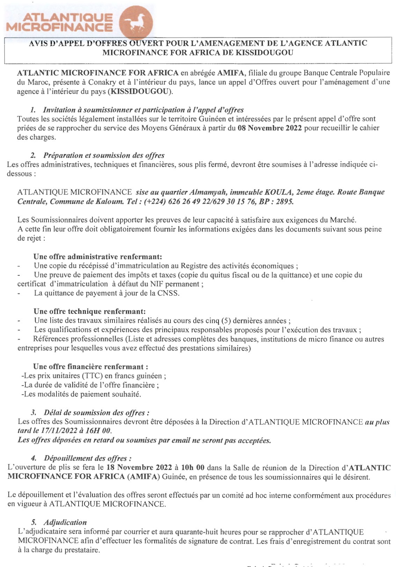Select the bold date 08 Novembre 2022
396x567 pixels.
tap(270, 128)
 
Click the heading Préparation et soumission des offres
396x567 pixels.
tap(104, 156)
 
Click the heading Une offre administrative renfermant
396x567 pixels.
tap(98, 257)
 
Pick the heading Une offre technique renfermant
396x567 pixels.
tap(90, 311)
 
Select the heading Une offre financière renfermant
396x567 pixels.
tap(90, 367)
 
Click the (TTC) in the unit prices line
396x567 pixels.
tap(92, 376)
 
